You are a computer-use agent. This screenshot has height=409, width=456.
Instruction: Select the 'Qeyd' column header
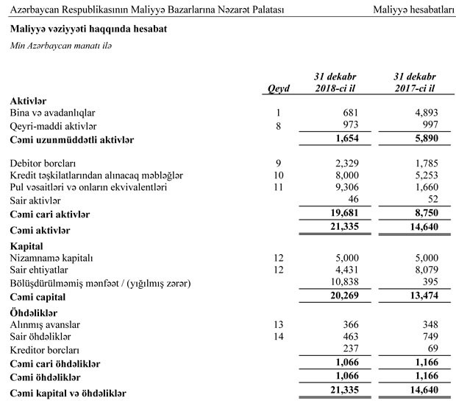279,89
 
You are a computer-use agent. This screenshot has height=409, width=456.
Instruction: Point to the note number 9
279,162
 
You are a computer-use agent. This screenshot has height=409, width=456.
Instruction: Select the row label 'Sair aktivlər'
35,200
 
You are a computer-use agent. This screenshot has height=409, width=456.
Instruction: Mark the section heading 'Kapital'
27,244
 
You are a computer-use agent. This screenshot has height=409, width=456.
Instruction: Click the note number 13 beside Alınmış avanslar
279,325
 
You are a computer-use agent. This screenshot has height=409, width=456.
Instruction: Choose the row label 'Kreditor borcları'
46,351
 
